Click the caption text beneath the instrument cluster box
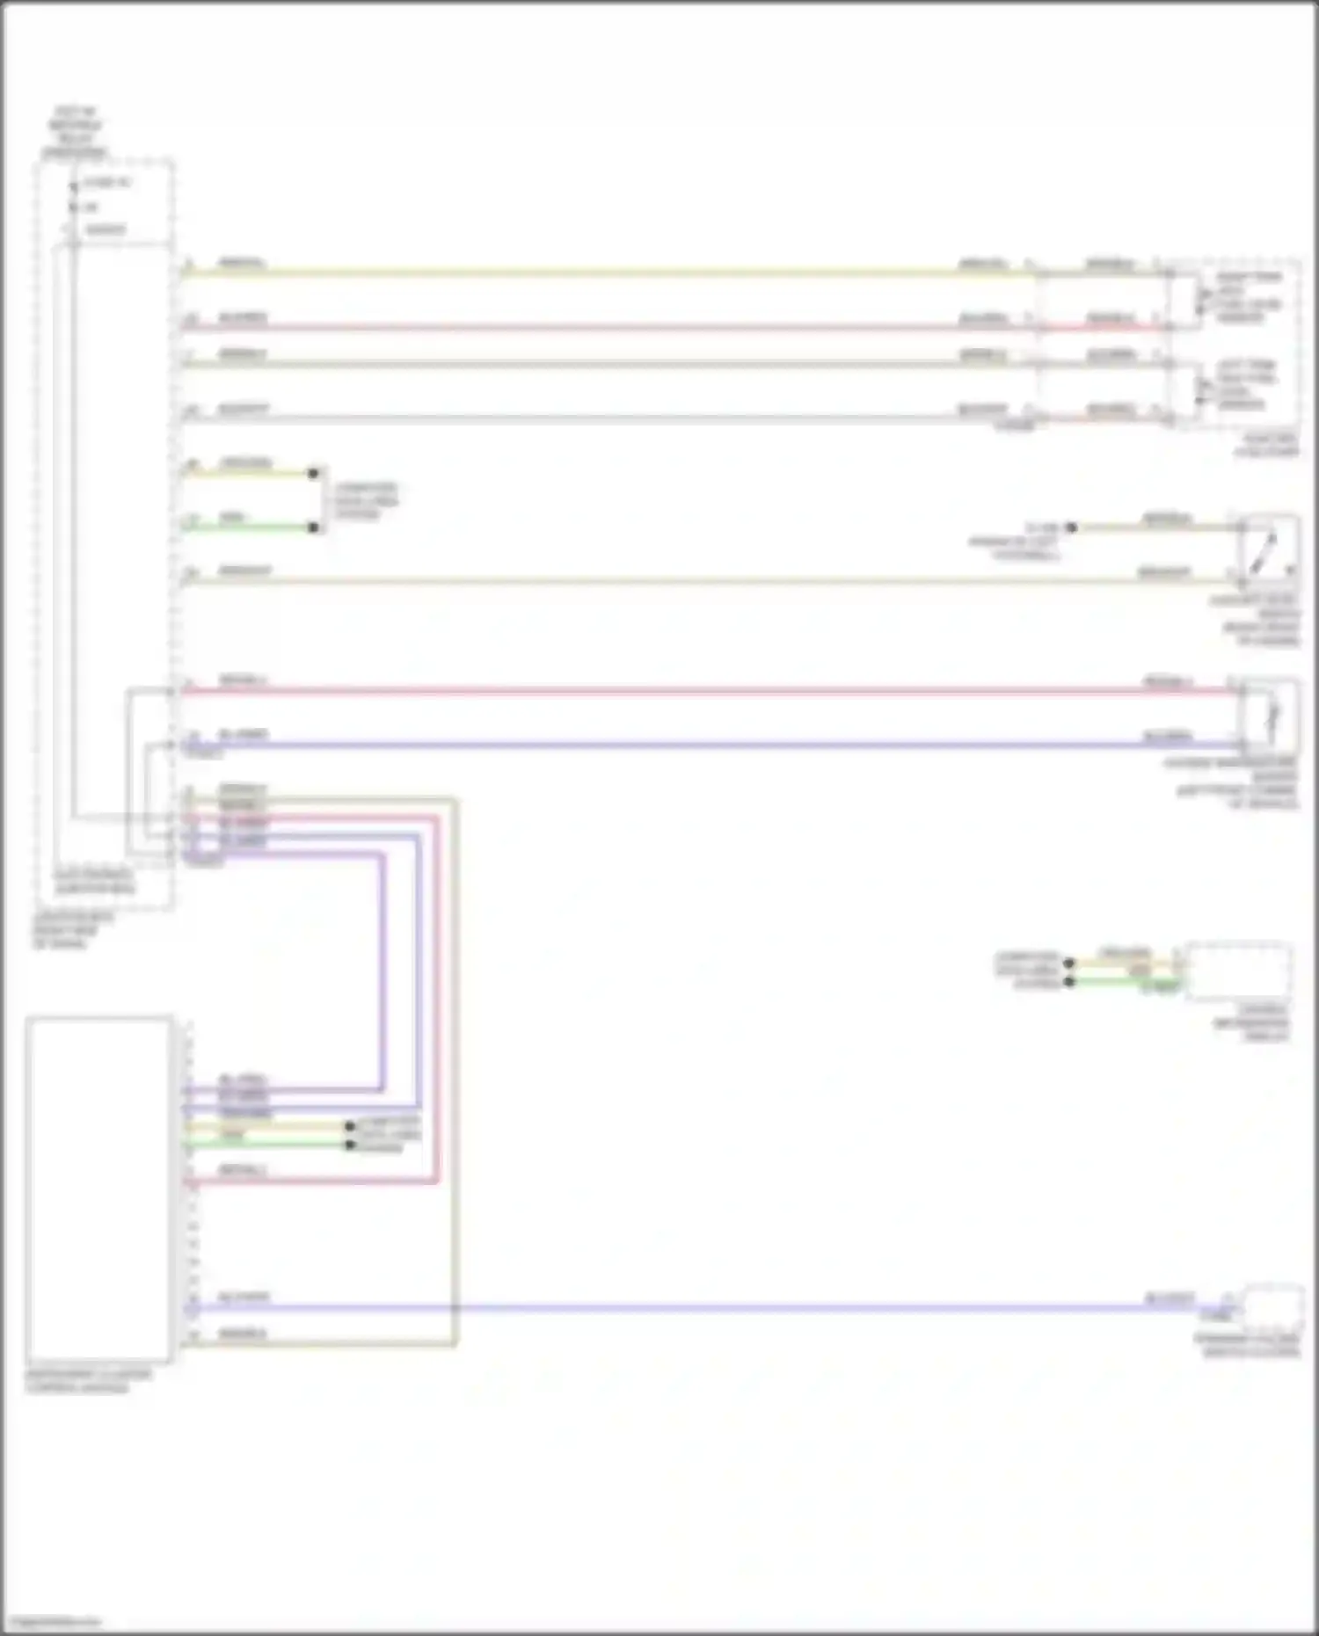point(88,1380)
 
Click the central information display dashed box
point(1238,971)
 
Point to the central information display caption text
point(1252,1023)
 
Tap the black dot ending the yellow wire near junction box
point(313,473)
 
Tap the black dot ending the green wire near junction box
point(313,527)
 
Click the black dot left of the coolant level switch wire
point(1071,527)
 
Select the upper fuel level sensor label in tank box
point(1247,296)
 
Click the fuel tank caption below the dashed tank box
point(1266,445)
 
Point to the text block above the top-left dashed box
point(75,133)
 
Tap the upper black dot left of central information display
point(1069,963)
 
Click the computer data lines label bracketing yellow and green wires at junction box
point(366,500)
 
